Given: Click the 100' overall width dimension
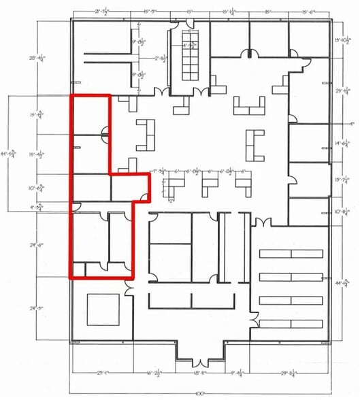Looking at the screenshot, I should [x=199, y=394].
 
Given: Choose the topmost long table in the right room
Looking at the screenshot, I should [x=291, y=254].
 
